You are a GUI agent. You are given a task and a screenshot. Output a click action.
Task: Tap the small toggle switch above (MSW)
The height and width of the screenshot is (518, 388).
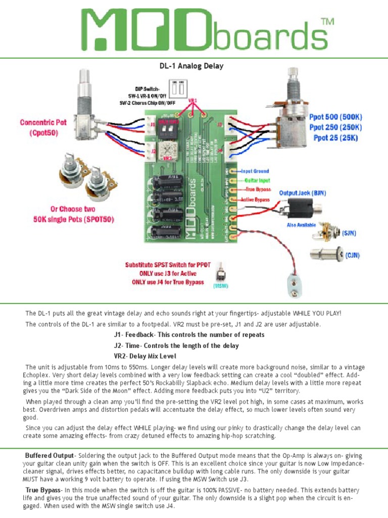click(221, 275)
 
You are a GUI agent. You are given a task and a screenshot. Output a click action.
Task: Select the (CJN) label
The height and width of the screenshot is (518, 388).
click(352, 255)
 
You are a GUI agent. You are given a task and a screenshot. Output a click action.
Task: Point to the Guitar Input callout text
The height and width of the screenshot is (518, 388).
click(257, 180)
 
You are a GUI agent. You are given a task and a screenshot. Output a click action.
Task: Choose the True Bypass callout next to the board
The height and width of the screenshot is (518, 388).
click(257, 189)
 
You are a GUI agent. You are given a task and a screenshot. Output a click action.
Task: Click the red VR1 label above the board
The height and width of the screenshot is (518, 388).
click(193, 100)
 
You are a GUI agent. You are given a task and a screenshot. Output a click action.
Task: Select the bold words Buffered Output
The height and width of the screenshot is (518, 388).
click(50, 456)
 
